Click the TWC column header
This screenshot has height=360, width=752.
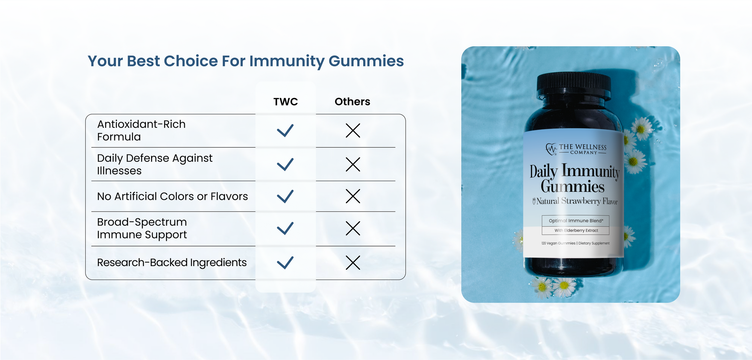[x=285, y=101]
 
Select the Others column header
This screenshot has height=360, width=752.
[x=352, y=101]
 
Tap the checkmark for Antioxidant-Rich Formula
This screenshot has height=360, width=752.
[x=285, y=130]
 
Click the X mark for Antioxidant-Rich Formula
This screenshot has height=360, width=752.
[x=353, y=130]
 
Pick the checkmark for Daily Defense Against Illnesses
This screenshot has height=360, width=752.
[x=285, y=164]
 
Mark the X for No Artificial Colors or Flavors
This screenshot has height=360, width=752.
[x=353, y=196]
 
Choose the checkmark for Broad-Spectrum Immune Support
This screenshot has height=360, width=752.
[x=285, y=228]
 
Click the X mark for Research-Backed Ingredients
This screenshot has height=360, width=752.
[x=353, y=263]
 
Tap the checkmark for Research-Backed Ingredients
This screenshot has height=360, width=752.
[x=285, y=263]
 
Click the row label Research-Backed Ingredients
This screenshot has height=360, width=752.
[x=172, y=262]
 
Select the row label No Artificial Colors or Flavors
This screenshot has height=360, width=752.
[x=172, y=196]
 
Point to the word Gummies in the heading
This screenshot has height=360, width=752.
[x=366, y=61]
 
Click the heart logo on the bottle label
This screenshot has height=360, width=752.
[x=551, y=149]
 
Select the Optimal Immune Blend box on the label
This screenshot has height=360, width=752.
[x=576, y=221]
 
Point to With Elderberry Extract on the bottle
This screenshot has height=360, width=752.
[x=576, y=230]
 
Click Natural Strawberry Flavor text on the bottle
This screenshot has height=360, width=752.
[x=575, y=201]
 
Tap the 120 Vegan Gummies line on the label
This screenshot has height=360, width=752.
[x=575, y=243]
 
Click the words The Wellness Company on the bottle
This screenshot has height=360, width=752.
[x=582, y=149]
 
